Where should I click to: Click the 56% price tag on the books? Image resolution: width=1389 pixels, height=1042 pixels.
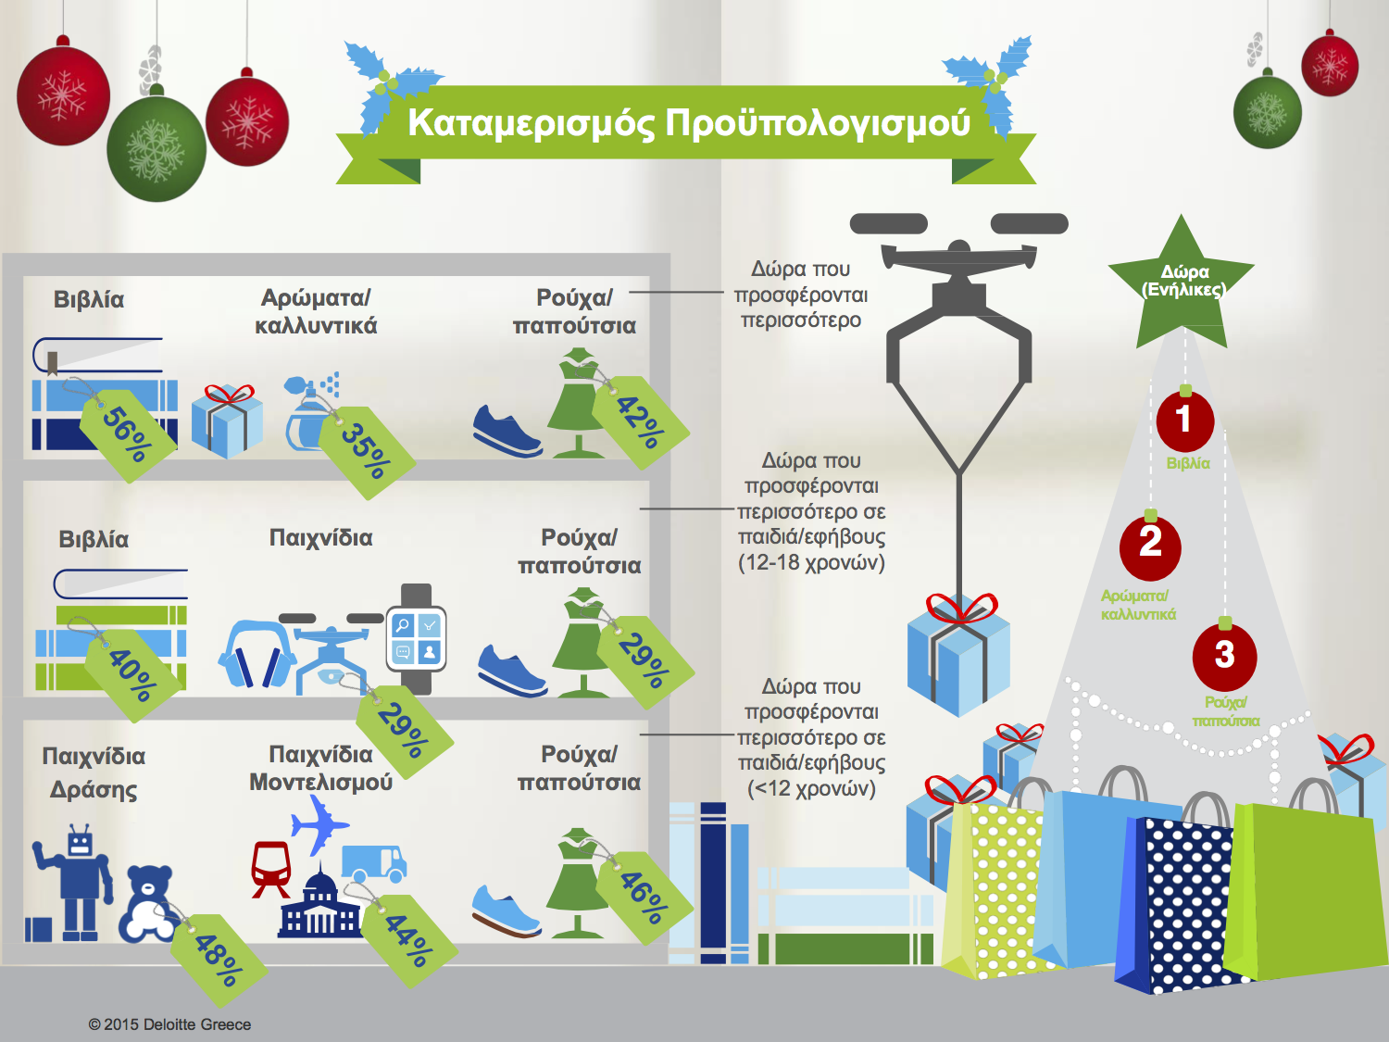pyautogui.click(x=128, y=434)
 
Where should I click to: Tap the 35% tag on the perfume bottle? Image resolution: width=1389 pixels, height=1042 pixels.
pyautogui.click(x=367, y=452)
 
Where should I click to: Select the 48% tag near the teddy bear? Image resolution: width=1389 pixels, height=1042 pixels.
pyautogui.click(x=219, y=960)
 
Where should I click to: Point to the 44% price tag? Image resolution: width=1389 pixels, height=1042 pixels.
pyautogui.click(x=408, y=941)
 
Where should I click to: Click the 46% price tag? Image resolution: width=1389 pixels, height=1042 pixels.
pyautogui.click(x=644, y=898)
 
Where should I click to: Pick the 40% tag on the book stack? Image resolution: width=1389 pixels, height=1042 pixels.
pyautogui.click(x=132, y=674)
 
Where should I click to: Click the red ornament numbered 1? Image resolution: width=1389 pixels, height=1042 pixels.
pyautogui.click(x=1184, y=421)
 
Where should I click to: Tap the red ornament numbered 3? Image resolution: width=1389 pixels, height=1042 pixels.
pyautogui.click(x=1224, y=656)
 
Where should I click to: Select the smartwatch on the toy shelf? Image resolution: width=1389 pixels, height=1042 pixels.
pyautogui.click(x=416, y=638)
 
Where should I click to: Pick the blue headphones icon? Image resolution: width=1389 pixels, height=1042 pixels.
pyautogui.click(x=257, y=655)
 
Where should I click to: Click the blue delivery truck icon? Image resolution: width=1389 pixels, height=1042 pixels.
pyautogui.click(x=374, y=863)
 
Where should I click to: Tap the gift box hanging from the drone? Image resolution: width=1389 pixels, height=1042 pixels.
pyautogui.click(x=958, y=656)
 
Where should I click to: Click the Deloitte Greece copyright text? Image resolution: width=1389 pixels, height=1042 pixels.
pyautogui.click(x=169, y=1024)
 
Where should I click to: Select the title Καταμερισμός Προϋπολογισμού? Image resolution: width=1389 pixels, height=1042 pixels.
pyautogui.click(x=689, y=123)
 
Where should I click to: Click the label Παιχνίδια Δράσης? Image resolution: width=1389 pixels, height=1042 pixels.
pyautogui.click(x=94, y=773)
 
